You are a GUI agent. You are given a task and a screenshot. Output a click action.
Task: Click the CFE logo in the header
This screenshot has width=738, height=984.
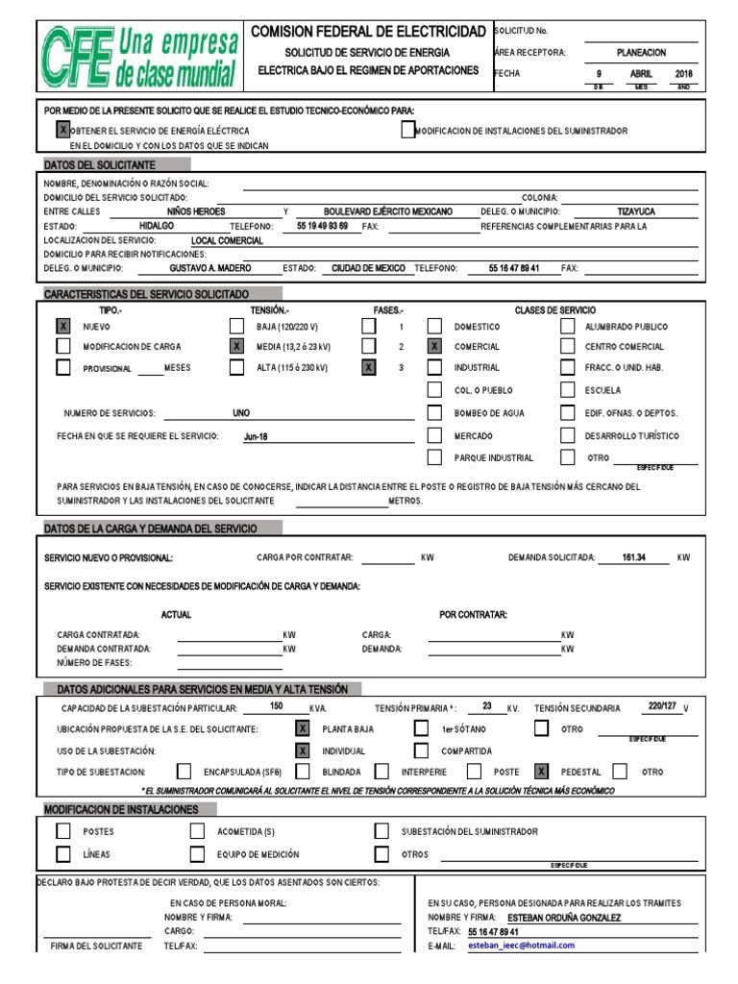point(139,57)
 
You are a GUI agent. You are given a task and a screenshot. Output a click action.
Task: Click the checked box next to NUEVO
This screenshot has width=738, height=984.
point(63,327)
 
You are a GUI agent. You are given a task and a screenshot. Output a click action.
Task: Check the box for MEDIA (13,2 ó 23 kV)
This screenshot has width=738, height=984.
point(236,346)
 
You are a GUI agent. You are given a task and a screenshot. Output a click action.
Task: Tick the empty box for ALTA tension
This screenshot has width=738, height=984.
point(236,367)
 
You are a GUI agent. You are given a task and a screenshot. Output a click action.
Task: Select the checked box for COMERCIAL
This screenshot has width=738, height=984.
point(435,346)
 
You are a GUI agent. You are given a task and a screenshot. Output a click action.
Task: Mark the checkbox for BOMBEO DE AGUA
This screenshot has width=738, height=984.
point(435,413)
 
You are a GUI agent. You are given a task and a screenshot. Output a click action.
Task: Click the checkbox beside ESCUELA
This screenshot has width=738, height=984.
point(567,390)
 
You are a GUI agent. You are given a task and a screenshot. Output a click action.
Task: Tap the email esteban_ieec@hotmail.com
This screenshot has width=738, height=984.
point(521,945)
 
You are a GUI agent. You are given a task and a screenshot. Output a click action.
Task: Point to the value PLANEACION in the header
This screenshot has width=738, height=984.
point(641,53)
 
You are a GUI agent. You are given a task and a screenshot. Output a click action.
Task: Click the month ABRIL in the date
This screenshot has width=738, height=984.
point(641,74)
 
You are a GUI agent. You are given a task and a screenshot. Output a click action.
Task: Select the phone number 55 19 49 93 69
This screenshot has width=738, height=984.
point(322,226)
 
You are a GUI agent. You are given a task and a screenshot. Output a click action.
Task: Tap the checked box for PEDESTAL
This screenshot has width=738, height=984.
point(542,771)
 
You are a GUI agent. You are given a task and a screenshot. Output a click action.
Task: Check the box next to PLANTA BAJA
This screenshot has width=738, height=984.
point(303,729)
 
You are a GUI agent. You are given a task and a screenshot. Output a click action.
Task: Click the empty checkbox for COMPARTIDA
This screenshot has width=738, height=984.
point(421,750)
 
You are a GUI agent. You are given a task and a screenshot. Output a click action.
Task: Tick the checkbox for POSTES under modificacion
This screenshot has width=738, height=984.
point(63,831)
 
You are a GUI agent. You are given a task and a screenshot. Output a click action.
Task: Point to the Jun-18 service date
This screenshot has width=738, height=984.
point(256,436)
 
